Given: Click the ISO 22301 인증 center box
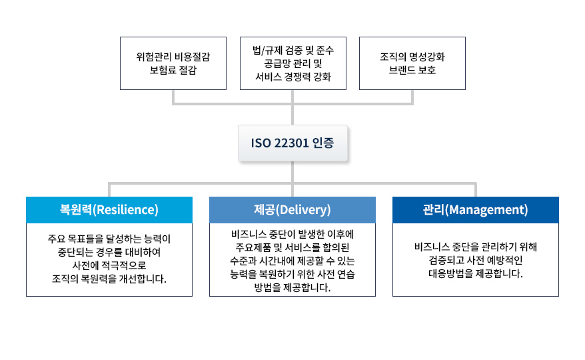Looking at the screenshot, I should pyautogui.click(x=292, y=143).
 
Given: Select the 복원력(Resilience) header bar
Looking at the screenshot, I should pyautogui.click(x=109, y=210).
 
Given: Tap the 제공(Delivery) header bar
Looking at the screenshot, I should pyautogui.click(x=292, y=210).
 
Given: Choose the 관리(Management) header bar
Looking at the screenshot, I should pyautogui.click(x=475, y=210).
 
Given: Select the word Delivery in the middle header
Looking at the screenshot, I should pyautogui.click(x=305, y=210).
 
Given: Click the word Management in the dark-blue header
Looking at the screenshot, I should pyautogui.click(x=486, y=210).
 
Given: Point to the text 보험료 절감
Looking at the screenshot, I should pyautogui.click(x=173, y=70).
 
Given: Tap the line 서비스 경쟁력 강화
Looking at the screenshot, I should pyautogui.click(x=292, y=77).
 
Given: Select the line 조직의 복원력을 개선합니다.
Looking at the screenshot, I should pyautogui.click(x=109, y=278).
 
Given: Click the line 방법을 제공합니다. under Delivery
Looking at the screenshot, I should pyautogui.click(x=292, y=288).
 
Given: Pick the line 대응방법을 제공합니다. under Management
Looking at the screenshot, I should pyautogui.click(x=475, y=273).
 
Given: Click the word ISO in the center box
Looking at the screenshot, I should pyautogui.click(x=259, y=143).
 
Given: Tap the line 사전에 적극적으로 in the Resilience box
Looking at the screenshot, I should pyautogui.click(x=109, y=265).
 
